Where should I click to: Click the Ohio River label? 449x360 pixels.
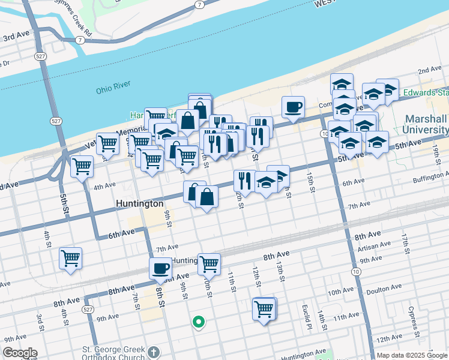coord(113,91)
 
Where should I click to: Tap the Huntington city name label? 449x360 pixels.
coord(139,204)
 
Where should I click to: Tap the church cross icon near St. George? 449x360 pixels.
coord(154,352)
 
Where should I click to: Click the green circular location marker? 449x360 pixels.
coord(198,323)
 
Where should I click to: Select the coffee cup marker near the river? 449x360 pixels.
coord(293,107)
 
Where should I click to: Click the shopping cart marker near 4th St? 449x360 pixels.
coord(71,259)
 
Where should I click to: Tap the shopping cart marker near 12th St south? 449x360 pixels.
coord(264,309)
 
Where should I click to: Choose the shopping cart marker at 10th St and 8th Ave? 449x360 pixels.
coord(209,263)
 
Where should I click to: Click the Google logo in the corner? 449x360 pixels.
coord(20,353)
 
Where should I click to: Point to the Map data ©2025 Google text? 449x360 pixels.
coord(411,355)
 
